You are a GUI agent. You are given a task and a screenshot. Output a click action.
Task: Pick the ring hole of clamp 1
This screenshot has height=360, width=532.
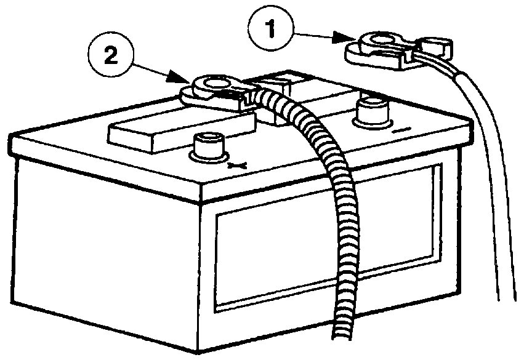point(376,42)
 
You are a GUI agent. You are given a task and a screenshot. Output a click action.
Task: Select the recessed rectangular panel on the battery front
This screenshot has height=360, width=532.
point(326,246)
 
